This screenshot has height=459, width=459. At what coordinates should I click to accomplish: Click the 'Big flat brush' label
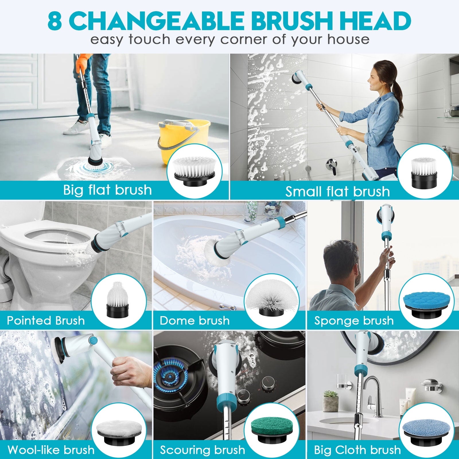(107, 190)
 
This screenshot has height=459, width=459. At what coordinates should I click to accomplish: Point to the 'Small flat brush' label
(338, 192)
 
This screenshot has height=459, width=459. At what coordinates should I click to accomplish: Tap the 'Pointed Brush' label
(46, 320)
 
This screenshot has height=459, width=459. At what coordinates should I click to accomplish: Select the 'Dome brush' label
(195, 320)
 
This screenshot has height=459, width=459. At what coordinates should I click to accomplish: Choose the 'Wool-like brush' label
(51, 450)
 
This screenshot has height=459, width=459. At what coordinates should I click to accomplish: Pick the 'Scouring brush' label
(203, 450)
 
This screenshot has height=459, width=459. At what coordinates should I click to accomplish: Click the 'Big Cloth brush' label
(357, 450)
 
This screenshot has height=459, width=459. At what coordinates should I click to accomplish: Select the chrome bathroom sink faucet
(374, 396)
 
